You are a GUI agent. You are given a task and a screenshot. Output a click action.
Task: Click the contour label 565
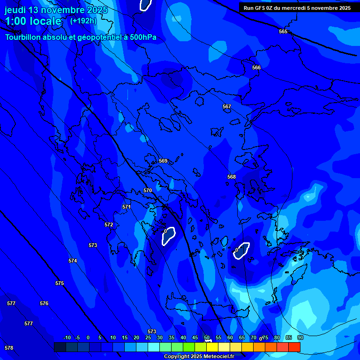283,31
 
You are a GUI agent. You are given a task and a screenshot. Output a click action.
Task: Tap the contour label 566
256,68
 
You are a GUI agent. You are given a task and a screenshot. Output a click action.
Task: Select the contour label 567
227,107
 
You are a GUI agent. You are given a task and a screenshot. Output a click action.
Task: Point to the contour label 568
232,177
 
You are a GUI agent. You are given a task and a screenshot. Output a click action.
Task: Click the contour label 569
163,161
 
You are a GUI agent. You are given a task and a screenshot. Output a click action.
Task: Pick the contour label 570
148,191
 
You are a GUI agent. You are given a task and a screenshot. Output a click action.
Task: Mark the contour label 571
127,207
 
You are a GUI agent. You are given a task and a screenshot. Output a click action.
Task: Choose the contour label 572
109,225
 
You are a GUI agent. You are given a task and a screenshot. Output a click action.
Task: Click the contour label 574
73,261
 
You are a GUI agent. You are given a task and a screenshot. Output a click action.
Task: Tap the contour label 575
60,284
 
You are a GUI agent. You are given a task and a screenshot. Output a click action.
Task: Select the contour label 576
44,303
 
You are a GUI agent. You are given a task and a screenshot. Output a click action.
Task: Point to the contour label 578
9,348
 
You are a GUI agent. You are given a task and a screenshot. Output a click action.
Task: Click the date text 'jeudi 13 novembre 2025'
56,10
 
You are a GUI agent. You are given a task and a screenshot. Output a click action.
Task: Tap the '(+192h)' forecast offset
83,21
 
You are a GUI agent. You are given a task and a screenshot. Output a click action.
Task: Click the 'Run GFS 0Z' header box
297,8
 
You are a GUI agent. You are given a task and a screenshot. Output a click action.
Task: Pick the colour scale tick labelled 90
300,337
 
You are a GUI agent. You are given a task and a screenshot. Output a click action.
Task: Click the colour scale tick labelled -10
67,337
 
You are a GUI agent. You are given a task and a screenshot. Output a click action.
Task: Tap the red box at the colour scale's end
294,347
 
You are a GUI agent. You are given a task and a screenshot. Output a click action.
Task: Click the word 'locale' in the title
44,21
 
